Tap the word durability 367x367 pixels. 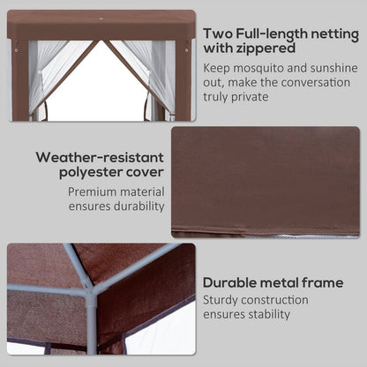[x=135, y=206]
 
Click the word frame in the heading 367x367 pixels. [x=322, y=283]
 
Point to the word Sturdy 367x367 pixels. [x=222, y=301]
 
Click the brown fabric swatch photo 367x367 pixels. [x=265, y=181]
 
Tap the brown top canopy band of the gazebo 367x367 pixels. [x=101, y=24]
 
